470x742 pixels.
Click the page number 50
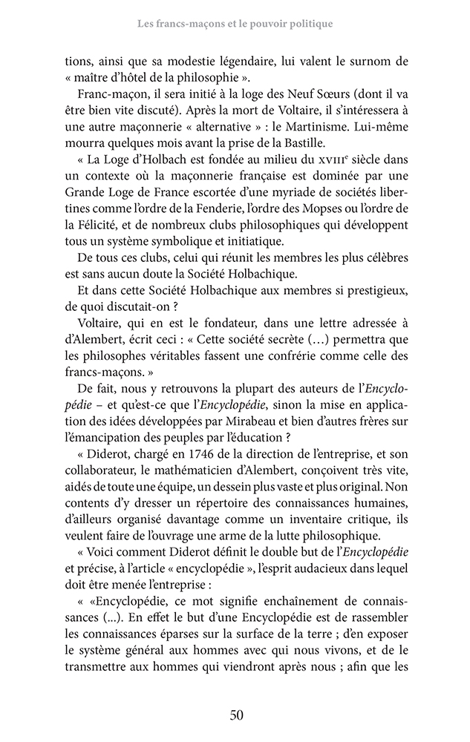pos(236,715)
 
